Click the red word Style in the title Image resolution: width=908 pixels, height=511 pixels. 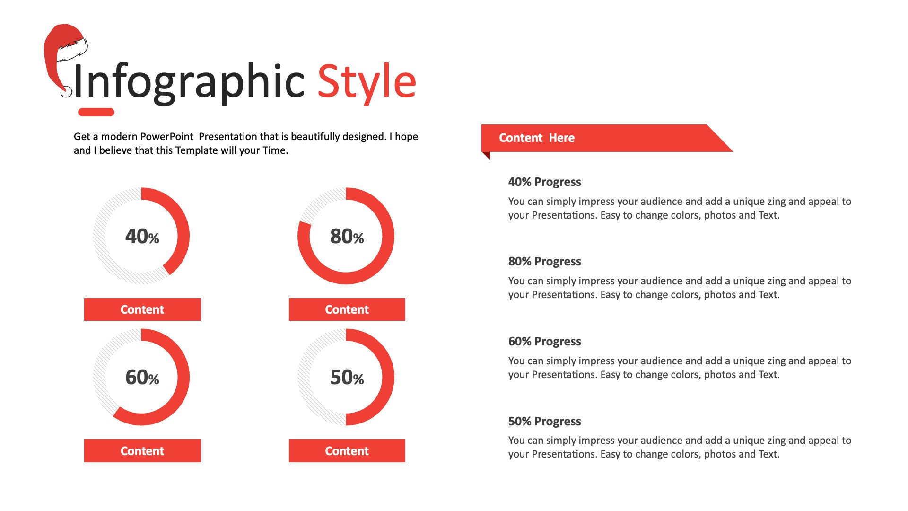coord(367,82)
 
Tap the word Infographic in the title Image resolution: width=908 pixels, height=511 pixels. coord(189,82)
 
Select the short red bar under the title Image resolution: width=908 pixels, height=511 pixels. coord(96,112)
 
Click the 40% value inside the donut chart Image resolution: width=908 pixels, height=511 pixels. coord(142,236)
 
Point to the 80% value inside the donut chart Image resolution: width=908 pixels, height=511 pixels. coord(347,236)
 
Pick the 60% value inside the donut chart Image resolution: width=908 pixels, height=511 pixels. coord(142,377)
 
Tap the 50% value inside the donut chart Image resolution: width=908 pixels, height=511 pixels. coord(347,377)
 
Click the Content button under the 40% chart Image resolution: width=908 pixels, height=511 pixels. coord(142,309)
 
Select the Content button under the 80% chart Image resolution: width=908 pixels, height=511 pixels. coord(347,309)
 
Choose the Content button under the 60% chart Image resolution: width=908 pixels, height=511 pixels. coord(142,450)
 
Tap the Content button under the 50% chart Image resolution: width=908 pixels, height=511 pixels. coord(347,450)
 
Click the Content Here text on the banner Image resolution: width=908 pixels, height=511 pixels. coord(537,138)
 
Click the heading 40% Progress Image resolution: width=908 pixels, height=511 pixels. coord(544,182)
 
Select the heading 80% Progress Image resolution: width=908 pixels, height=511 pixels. coord(544,262)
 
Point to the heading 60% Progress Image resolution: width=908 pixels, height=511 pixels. coord(544,342)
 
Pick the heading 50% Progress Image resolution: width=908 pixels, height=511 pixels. coord(544,422)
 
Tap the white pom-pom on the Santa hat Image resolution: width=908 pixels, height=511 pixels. coord(66,92)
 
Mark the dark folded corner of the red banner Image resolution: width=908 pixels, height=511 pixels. coord(485,155)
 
